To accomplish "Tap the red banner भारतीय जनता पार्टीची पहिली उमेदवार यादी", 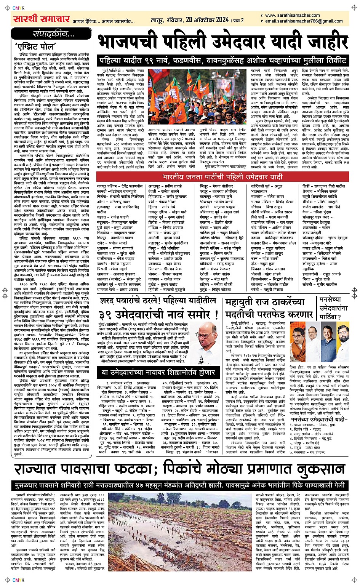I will click(222, 177).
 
